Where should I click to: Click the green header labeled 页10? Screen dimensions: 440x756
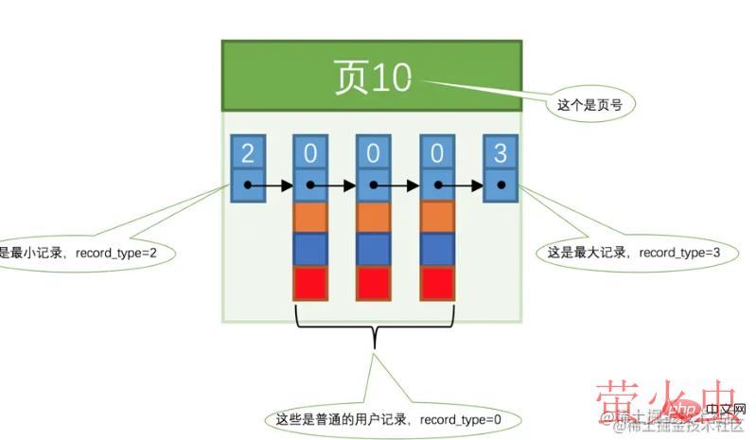click(x=371, y=77)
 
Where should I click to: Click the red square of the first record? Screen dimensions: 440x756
click(x=310, y=282)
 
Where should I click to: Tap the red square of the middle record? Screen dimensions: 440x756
click(x=374, y=282)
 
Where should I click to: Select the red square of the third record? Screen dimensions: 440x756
click(x=436, y=282)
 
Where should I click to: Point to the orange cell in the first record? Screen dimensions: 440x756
click(x=310, y=218)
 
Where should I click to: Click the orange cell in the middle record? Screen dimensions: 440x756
click(x=374, y=218)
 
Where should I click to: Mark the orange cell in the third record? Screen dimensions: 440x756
click(x=436, y=218)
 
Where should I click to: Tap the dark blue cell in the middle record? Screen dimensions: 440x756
click(x=374, y=249)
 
